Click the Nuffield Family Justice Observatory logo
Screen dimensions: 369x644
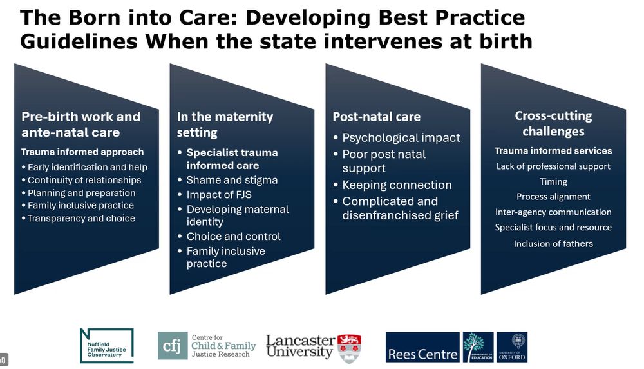coord(106,345)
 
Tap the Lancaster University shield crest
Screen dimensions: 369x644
coord(350,347)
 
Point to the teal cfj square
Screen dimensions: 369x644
coord(173,346)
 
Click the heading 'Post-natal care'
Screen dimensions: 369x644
coord(376,117)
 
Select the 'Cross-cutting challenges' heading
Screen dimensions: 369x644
coord(553,123)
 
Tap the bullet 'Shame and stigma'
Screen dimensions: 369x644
coord(232,180)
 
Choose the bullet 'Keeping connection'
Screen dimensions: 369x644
coord(397,185)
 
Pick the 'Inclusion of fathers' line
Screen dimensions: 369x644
coord(553,244)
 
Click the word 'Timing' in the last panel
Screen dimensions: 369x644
coord(553,182)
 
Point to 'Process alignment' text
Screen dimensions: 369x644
coord(553,197)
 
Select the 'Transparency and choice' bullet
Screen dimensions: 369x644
coord(81,219)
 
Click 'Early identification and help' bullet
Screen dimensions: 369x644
coord(88,167)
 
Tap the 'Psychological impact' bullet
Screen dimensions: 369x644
coord(401,138)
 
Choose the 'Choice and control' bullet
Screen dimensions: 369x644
coord(233,236)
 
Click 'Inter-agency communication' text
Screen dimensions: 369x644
coord(553,212)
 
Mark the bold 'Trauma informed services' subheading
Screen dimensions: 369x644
coord(553,151)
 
